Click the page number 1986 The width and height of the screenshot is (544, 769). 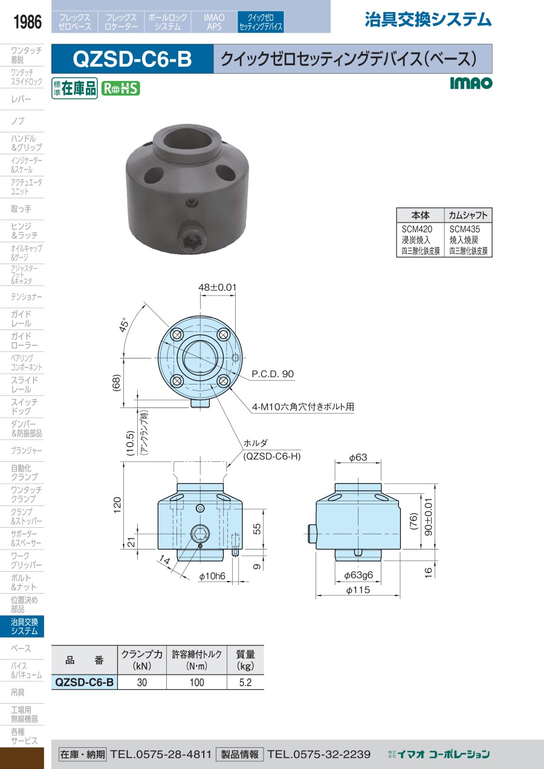(27, 22)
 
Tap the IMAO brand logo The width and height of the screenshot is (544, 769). (471, 83)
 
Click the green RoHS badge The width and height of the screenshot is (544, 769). (121, 88)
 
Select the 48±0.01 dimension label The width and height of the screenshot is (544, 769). (218, 287)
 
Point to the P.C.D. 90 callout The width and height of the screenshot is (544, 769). (273, 374)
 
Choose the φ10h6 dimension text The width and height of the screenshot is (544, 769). (212, 576)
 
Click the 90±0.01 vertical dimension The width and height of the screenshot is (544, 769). (429, 517)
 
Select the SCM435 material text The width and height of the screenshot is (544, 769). (465, 229)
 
